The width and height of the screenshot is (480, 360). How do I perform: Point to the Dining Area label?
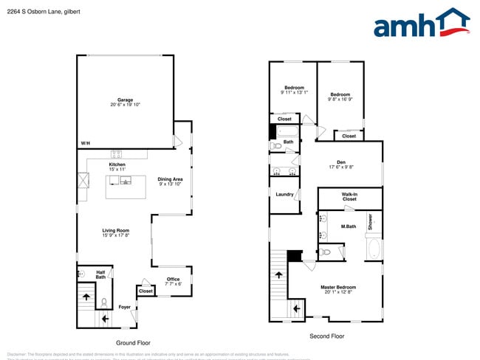point(171,180)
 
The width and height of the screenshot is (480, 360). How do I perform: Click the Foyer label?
point(125,307)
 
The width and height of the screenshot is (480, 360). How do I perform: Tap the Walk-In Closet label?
point(349,197)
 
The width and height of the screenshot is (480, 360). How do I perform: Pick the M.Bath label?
point(349,226)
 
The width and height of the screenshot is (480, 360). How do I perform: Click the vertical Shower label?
point(370,222)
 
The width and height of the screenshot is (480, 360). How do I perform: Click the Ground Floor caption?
point(134,343)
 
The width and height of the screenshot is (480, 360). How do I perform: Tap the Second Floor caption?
point(326,336)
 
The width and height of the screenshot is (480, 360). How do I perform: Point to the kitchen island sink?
point(125,181)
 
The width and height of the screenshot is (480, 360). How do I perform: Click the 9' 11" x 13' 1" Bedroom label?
point(293,90)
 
